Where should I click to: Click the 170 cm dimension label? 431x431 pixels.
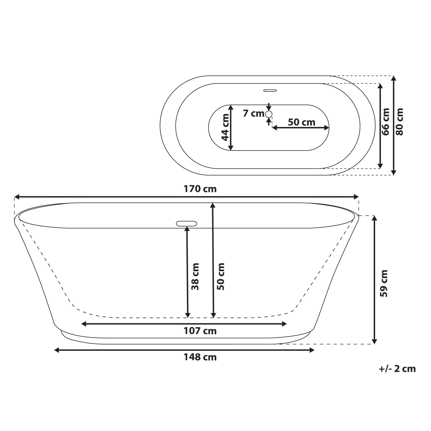[200, 189]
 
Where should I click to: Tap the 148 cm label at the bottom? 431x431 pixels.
[200, 357]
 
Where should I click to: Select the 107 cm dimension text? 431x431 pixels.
[200, 331]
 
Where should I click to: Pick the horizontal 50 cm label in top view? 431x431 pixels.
[301, 122]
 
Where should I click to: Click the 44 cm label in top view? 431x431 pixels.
[225, 127]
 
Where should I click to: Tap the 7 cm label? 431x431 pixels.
[253, 113]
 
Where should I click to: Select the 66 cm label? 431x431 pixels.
[386, 122]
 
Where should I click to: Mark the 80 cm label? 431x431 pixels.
[399, 122]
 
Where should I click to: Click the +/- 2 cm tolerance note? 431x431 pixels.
[397, 369]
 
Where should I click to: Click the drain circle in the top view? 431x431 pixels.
[269, 114]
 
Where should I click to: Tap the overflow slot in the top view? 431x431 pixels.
[270, 90]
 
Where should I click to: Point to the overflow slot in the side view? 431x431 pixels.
[186, 223]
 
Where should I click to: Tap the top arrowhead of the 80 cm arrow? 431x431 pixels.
[394, 78]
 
